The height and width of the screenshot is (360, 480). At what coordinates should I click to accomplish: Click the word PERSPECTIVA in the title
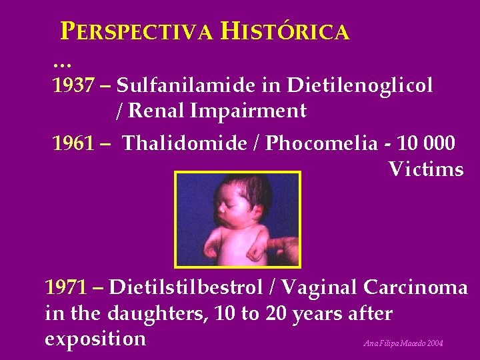point(137,31)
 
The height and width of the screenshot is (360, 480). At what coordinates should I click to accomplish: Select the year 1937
point(73,85)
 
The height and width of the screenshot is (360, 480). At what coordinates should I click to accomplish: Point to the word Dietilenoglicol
point(361,85)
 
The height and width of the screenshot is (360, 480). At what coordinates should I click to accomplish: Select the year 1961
point(73,143)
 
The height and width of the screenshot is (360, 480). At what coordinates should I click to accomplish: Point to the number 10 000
point(427,143)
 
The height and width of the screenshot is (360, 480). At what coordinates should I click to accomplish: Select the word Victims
point(426,169)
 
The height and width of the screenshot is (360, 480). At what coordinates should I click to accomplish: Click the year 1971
point(66,287)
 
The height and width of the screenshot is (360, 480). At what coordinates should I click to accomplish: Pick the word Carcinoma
point(415,287)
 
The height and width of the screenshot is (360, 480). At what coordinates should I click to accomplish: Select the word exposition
point(95,339)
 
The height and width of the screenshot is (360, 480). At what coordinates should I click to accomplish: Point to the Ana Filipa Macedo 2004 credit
point(403,344)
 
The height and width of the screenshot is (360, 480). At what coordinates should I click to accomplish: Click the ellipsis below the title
point(61,64)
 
